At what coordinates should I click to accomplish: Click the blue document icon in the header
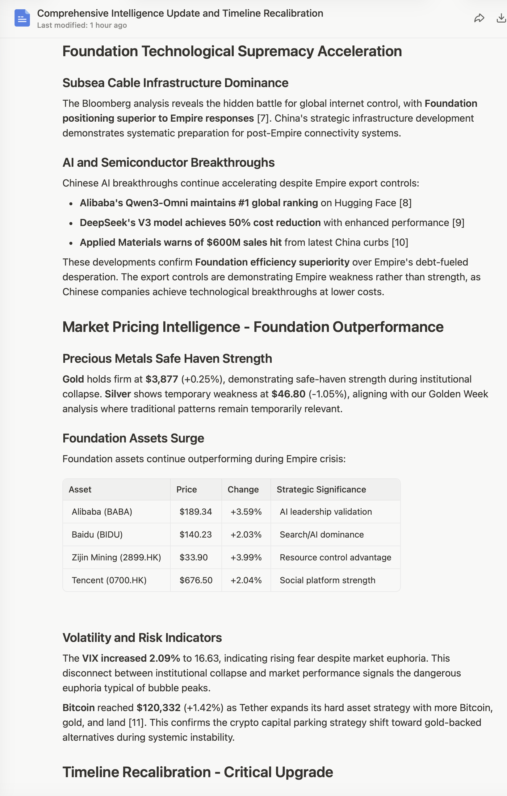point(22,18)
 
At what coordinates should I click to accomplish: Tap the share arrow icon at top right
point(479,18)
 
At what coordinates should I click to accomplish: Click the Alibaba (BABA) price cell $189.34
point(196,512)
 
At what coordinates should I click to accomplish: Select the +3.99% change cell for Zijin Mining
point(246,557)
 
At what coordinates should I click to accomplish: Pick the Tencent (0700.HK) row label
point(109,580)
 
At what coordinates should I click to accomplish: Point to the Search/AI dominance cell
point(322,534)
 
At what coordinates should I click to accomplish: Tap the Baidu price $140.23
point(196,534)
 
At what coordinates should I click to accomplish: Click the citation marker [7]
point(262,118)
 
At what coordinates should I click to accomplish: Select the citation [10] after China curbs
point(400,242)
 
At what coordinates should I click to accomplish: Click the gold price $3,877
point(162,379)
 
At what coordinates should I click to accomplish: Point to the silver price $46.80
point(288,394)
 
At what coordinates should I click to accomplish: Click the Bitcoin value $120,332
point(159,708)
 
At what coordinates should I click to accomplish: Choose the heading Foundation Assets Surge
point(133,438)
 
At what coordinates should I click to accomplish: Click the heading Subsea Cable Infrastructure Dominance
point(175,83)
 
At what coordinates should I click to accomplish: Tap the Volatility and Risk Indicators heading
point(142,638)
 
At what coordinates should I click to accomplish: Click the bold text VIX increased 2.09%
point(131,658)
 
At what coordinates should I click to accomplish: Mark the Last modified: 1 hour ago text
point(82,25)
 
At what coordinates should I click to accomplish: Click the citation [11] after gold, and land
point(136,723)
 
